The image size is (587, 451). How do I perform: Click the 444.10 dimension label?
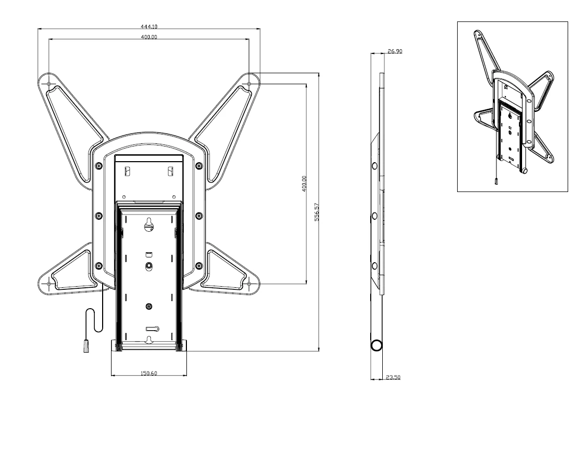click(149, 27)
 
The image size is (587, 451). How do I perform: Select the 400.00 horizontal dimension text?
click(149, 37)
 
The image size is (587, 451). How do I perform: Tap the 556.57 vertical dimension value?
click(317, 212)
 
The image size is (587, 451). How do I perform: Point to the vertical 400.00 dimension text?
click(304, 184)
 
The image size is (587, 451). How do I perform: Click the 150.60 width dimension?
click(149, 373)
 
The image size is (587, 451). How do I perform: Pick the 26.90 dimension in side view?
click(395, 51)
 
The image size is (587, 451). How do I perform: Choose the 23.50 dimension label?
click(393, 377)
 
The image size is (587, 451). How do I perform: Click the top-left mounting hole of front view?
click(49, 84)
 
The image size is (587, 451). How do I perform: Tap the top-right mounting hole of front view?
click(249, 84)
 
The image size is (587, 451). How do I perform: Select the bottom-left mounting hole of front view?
click(49, 284)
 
